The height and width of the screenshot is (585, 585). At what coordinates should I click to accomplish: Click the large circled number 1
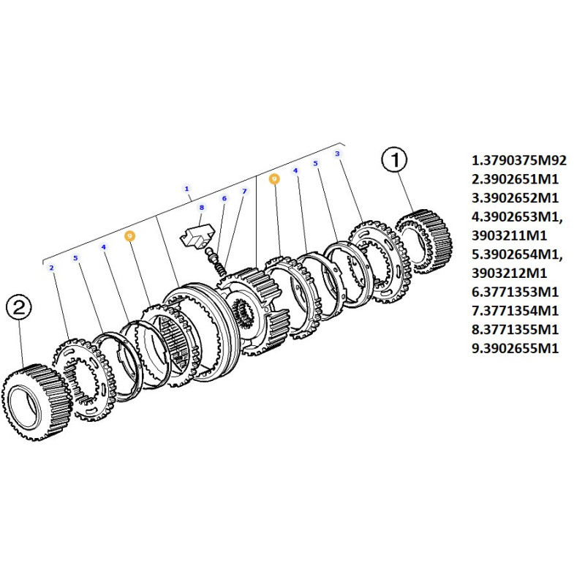[x=394, y=159]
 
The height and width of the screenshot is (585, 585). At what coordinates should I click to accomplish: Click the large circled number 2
[x=19, y=307]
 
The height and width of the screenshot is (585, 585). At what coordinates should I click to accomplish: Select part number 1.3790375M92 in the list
[x=519, y=160]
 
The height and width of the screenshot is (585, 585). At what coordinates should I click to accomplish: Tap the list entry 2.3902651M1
[x=516, y=179]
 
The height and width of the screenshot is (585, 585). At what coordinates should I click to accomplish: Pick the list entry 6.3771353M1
[x=516, y=292]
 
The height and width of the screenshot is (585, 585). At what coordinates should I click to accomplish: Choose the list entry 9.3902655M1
[x=516, y=348]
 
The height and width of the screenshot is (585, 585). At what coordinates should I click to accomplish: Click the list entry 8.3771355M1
[x=516, y=330]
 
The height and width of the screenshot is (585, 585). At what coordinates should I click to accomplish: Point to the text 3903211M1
[x=509, y=235]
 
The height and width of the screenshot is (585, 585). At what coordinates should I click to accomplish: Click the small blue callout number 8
[x=202, y=208]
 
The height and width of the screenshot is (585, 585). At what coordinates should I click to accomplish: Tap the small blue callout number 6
[x=224, y=198]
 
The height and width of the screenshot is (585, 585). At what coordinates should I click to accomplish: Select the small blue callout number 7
[x=244, y=191]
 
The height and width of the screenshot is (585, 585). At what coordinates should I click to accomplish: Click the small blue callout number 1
[x=187, y=189]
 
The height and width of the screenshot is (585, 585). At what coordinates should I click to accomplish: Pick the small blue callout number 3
[x=338, y=154]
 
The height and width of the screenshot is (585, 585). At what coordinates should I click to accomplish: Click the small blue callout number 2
[x=51, y=268]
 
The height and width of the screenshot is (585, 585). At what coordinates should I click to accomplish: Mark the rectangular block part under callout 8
[x=197, y=235]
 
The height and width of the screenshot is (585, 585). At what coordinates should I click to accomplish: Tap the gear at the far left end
[x=37, y=402]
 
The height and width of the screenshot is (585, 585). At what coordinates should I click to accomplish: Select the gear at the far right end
[x=424, y=241]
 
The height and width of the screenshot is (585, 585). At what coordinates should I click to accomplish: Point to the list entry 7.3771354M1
[x=516, y=310]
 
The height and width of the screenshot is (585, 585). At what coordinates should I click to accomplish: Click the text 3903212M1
[x=509, y=273]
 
